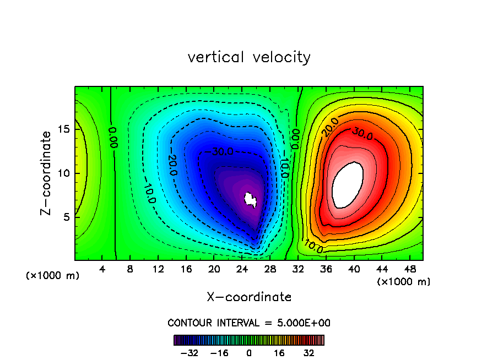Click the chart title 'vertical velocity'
pos(249,57)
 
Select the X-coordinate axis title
pos(249,297)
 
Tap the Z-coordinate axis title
pos(48,173)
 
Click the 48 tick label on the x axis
pos(409,269)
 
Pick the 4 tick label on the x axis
pos(102,269)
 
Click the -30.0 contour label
pos(222,151)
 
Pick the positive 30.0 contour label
pos(362,134)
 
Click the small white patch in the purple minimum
pos(251,199)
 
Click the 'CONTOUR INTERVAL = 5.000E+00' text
pos(249,323)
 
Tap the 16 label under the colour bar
pos(280,353)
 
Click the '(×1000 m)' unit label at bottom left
pos(53,276)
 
